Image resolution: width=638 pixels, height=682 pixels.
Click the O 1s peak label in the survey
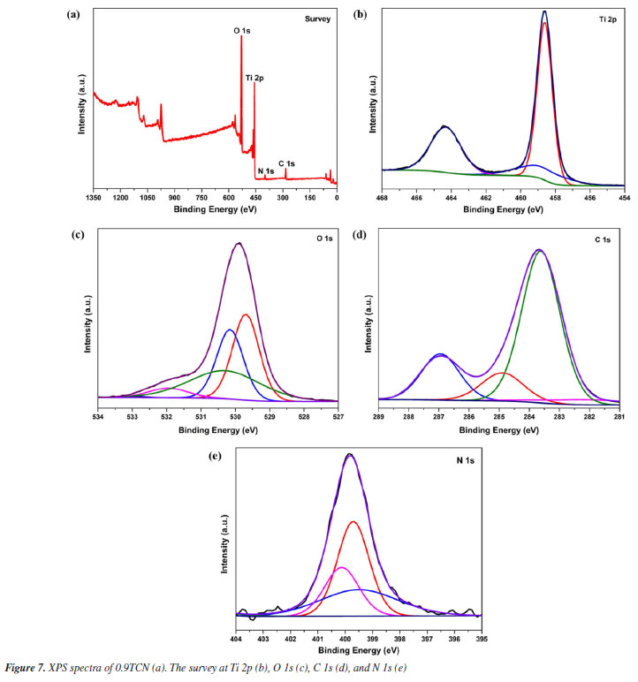click(x=241, y=30)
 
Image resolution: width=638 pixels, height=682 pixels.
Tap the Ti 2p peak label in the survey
click(x=254, y=78)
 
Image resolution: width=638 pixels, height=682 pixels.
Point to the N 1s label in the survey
click(x=265, y=170)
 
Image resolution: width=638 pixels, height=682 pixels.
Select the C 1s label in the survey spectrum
click(x=286, y=163)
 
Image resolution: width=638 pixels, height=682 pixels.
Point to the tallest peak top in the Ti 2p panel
click(x=544, y=12)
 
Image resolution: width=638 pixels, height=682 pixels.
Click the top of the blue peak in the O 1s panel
click(x=230, y=330)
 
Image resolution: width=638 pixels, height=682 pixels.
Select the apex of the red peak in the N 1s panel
click(x=353, y=521)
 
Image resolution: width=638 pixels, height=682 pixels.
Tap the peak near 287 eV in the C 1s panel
click(x=439, y=355)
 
